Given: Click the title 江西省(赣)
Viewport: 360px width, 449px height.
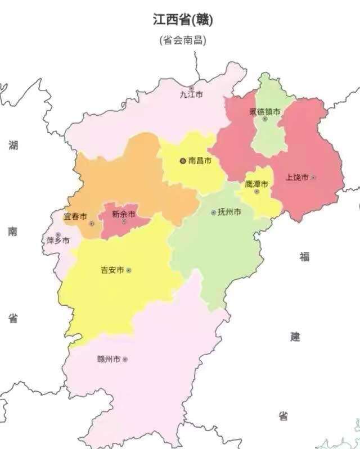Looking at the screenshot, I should tap(183, 20).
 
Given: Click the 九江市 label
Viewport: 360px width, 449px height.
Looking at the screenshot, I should tap(191, 95).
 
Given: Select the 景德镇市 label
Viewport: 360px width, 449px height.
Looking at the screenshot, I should tap(264, 111).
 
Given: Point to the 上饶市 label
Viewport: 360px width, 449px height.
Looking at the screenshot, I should tap(297, 177).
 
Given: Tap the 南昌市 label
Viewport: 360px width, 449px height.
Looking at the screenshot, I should tap(200, 161).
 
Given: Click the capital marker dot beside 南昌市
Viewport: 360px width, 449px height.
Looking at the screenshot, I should tap(182, 161).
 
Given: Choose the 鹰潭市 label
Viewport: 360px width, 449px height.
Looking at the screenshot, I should tap(256, 184).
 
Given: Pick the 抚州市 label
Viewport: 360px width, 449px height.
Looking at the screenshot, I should tap(230, 212).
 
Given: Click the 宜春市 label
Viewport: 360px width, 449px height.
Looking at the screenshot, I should tap(75, 216).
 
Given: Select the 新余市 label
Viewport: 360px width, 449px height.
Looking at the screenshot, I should tap(123, 214).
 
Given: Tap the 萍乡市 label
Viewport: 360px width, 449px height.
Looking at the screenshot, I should tap(58, 241).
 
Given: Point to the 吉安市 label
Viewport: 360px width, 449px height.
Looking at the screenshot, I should tap(112, 270).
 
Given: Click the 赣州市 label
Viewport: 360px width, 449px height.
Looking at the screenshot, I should tap(109, 359).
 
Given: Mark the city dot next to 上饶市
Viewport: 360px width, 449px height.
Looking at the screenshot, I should tap(313, 177).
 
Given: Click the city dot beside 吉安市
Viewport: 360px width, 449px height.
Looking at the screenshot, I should tap(129, 270).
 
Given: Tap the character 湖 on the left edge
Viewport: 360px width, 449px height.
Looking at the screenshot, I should tap(13, 146).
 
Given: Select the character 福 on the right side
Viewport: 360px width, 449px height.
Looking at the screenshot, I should tap(304, 256).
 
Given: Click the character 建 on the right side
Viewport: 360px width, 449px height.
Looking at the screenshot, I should tap(295, 337).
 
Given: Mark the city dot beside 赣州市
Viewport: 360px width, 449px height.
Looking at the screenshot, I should tap(125, 359).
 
